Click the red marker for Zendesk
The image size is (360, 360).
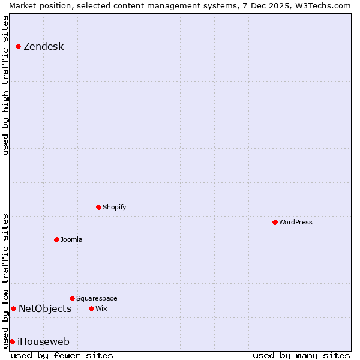[x=19, y=47]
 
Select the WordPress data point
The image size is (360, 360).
[x=275, y=222]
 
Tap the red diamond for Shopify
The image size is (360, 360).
[x=99, y=207]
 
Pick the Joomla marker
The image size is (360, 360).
[x=56, y=239]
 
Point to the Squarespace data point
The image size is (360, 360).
[x=72, y=298]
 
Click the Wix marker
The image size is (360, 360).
[x=91, y=308]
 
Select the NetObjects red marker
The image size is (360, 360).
[x=13, y=308]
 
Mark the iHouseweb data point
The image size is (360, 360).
[x=12, y=341]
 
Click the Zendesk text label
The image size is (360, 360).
[x=43, y=47]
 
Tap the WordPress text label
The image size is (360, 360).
[x=296, y=222]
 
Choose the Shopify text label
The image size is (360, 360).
[x=115, y=207]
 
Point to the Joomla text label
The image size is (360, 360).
[x=71, y=239]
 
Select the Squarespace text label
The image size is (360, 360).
[x=97, y=298]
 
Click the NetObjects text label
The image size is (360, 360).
[x=45, y=308]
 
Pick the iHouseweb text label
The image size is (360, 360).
[x=43, y=341]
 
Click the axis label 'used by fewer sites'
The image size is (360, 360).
[x=62, y=355]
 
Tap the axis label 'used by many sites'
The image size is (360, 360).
[x=301, y=355]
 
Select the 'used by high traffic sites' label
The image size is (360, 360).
[x=5, y=85]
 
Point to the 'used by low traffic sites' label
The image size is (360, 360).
[x=5, y=281]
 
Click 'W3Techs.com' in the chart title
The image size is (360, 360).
[x=322, y=5]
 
